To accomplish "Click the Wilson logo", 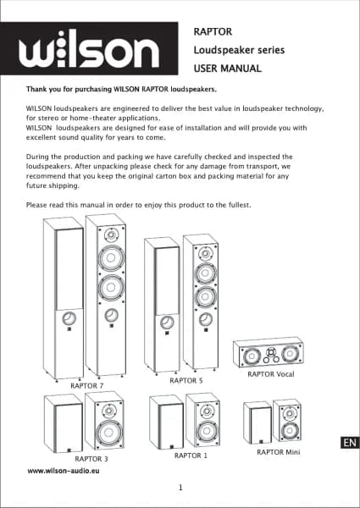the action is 89,48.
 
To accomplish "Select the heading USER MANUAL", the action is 228,69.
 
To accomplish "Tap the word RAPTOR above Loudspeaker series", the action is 213,32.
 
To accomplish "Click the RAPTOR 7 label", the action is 87,385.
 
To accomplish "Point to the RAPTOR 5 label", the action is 186,381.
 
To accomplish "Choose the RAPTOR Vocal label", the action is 271,374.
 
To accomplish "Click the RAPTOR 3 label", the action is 91,459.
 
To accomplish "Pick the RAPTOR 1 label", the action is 191,456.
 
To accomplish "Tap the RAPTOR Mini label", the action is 279,452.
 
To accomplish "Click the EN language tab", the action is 350,443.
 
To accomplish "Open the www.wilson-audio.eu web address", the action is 64,471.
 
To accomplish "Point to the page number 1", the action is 180,488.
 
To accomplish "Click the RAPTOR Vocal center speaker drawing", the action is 269,353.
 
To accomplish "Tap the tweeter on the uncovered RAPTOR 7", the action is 110,235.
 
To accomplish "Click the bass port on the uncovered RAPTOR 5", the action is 206,320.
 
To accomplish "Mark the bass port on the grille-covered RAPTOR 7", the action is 69,319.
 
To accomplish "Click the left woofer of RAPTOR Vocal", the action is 251,356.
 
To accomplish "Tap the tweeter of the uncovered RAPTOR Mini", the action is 288,414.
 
